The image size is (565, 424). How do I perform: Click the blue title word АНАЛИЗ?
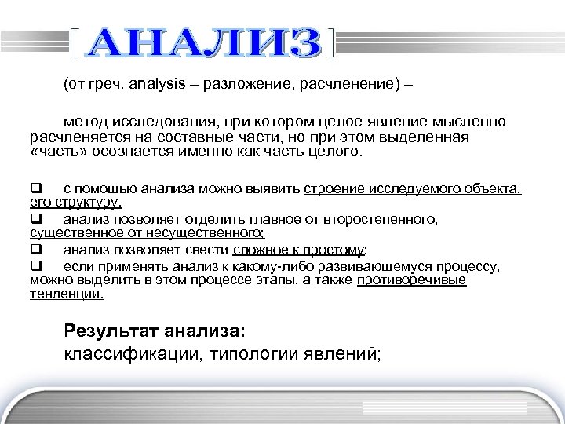(206, 43)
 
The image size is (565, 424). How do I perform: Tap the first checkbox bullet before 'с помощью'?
(35, 189)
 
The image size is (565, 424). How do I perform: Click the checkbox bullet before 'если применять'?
(35, 267)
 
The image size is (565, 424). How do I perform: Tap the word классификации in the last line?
(133, 353)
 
